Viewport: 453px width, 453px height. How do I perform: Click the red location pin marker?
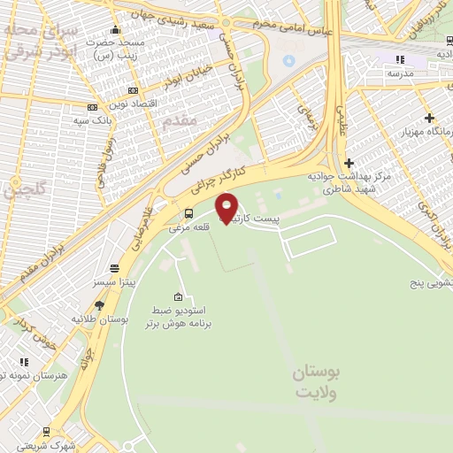click(227, 207)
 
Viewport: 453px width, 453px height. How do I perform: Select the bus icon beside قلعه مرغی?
click(188, 213)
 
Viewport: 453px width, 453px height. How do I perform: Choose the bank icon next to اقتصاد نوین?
click(134, 90)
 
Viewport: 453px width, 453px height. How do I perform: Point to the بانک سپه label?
click(89, 119)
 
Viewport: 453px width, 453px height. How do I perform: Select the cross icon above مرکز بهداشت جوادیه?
click(349, 163)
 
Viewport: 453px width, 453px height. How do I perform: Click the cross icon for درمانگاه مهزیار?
click(429, 118)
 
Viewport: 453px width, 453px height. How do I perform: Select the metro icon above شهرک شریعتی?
click(45, 433)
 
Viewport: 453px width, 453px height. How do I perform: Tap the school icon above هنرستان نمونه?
click(24, 362)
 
